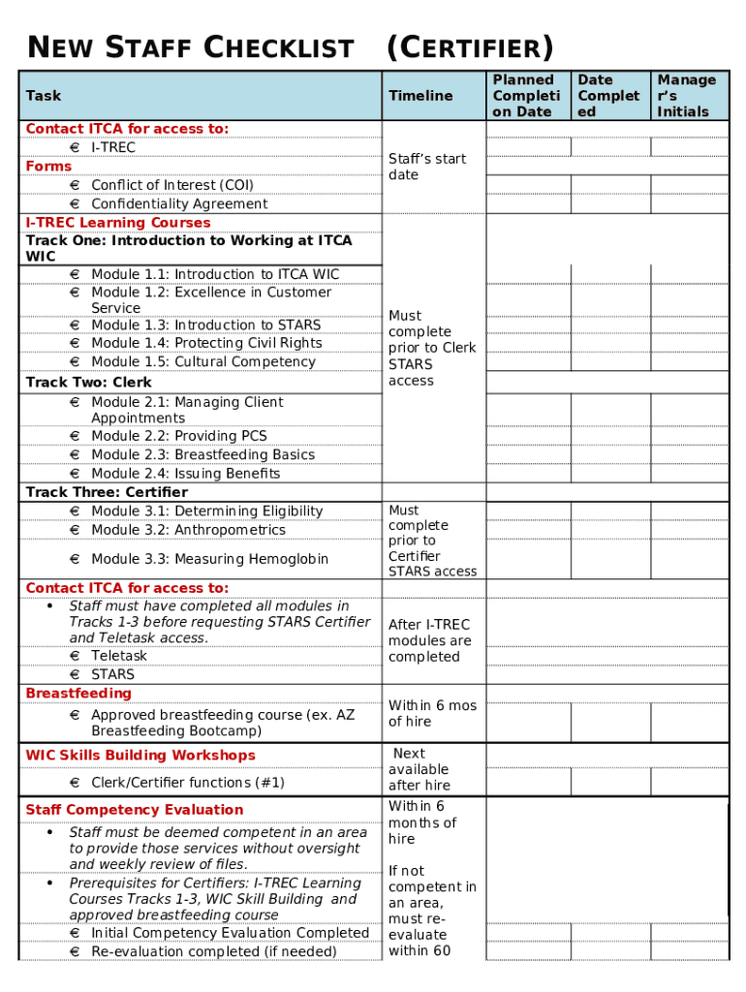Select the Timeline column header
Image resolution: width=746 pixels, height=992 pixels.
coord(420,96)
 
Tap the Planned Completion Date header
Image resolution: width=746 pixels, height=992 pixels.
coord(525,96)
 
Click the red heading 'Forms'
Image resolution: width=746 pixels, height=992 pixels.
coord(48,167)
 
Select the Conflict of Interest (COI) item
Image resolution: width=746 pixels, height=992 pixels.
coord(171,185)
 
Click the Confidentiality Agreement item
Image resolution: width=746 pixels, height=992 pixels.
coord(178,204)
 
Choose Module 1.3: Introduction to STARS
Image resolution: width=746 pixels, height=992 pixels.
coord(205,325)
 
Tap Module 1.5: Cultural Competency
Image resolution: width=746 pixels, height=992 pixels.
coord(202,362)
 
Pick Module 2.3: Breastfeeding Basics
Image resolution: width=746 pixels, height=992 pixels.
coord(202,455)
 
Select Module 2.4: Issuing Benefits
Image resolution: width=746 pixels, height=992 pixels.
coord(185,474)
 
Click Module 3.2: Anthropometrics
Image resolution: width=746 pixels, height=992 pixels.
coord(188,530)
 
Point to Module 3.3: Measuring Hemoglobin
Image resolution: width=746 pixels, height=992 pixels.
coord(209,559)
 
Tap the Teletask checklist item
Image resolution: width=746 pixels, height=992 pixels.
coord(119,656)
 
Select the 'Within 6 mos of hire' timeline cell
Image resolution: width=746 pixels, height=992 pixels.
coord(432,714)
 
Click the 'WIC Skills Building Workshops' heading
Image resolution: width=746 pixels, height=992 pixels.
coord(140,756)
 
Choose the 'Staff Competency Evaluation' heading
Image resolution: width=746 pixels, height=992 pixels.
coord(135,810)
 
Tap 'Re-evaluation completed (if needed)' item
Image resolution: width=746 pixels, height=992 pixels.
coord(213,951)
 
